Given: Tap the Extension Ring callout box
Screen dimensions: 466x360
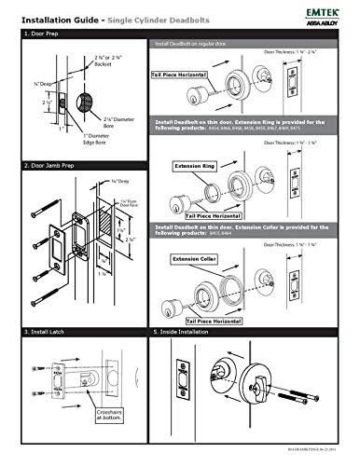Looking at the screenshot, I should [195, 165].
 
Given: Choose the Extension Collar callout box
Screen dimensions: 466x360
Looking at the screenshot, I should [197, 256].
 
